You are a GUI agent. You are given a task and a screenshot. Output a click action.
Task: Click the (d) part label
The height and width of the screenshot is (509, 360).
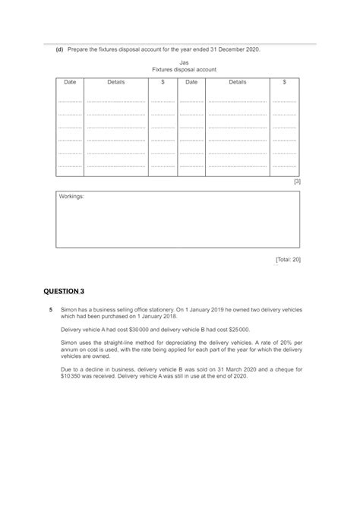(x=57, y=49)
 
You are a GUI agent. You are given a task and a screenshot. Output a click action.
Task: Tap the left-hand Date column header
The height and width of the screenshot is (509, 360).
(x=70, y=81)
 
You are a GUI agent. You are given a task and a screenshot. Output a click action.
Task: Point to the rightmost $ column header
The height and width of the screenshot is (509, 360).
(x=284, y=81)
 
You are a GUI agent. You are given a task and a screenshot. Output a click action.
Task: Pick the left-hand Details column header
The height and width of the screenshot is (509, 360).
(x=115, y=81)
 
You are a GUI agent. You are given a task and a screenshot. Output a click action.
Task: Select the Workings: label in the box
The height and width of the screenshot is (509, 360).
(x=72, y=196)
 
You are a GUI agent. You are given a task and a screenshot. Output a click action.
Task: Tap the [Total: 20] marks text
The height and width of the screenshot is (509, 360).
(x=288, y=259)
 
